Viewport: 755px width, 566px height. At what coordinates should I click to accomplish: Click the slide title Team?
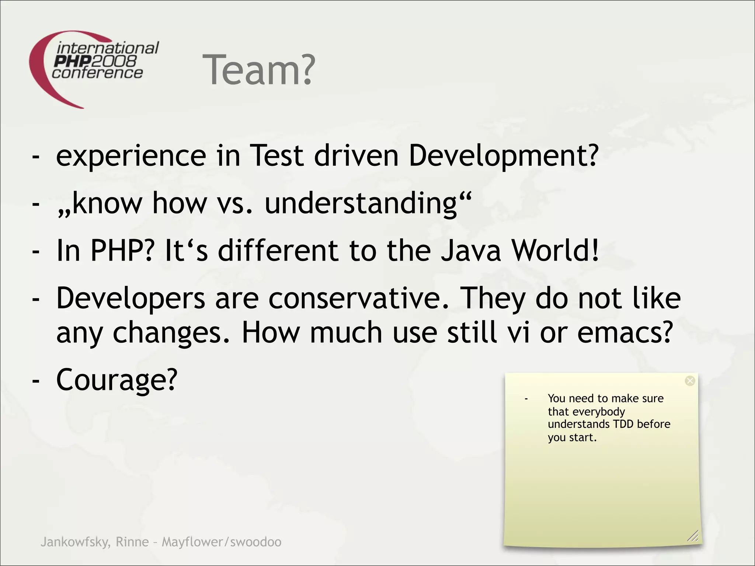259,70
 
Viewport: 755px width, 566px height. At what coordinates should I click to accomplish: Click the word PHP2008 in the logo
95,61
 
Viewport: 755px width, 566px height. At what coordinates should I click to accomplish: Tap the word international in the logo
108,48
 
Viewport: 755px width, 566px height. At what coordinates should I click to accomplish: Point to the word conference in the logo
97,73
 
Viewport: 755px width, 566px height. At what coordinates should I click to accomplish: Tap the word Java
471,251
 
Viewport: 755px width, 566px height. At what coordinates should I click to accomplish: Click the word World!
556,251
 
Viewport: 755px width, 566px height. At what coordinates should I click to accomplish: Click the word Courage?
117,380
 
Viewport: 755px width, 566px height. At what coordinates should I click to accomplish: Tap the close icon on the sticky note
690,381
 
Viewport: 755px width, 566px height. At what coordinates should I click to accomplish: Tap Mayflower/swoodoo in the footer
222,542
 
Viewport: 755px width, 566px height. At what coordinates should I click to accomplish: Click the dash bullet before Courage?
36,380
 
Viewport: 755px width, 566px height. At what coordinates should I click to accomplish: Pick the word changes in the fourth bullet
171,332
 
